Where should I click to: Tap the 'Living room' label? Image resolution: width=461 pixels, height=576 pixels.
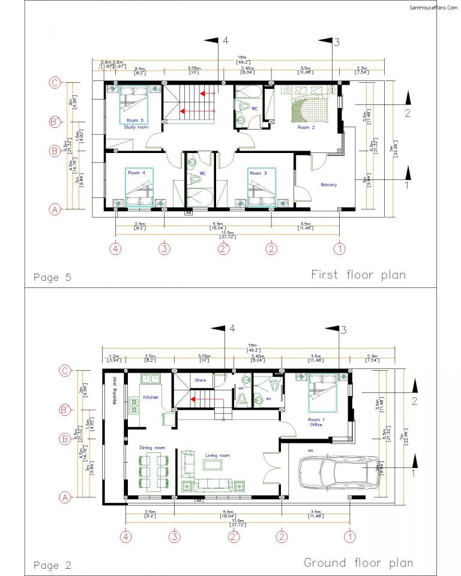point(217,456)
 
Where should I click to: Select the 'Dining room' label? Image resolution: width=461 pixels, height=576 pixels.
point(152,448)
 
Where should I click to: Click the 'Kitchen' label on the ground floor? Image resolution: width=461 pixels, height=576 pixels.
point(150,397)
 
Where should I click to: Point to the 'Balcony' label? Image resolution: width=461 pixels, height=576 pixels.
point(328,185)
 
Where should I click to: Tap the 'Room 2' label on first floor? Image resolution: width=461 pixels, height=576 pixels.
point(307,127)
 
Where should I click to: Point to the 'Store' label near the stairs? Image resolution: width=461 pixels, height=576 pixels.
point(200,379)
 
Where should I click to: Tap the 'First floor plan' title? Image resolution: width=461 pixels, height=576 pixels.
point(358,275)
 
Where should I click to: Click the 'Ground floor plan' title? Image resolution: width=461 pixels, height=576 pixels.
point(358,563)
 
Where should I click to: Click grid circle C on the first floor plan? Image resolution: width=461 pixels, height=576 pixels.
point(54,83)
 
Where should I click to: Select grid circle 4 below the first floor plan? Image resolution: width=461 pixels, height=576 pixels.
point(115,247)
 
